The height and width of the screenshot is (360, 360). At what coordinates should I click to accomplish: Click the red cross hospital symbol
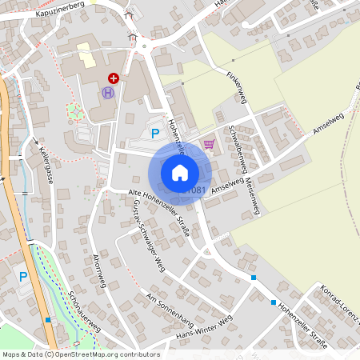pyautogui.click(x=114, y=78)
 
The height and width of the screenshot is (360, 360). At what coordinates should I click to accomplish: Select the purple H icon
pyautogui.click(x=108, y=93)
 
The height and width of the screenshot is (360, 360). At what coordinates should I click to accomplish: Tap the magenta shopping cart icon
pyautogui.click(x=209, y=144)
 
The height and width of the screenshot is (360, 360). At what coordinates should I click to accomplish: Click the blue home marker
pyautogui.click(x=180, y=172)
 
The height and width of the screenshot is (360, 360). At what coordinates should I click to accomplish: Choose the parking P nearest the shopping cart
pyautogui.click(x=155, y=134)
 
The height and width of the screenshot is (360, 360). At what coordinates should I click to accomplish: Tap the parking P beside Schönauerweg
pyautogui.click(x=22, y=277)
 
